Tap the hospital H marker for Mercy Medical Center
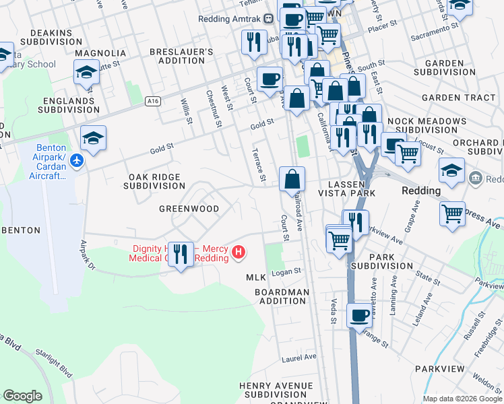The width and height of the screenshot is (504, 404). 238,253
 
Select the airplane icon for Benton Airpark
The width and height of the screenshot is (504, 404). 76,160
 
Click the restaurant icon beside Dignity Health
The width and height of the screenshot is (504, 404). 180,254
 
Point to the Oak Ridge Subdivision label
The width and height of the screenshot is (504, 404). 154,180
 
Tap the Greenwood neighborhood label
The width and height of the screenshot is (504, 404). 189,209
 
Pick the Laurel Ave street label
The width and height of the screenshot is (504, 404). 299,357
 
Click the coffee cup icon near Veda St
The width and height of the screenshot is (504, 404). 360,314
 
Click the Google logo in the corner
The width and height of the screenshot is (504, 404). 22,396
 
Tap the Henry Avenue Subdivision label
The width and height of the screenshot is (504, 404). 276,390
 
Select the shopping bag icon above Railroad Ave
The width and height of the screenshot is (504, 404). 292,179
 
